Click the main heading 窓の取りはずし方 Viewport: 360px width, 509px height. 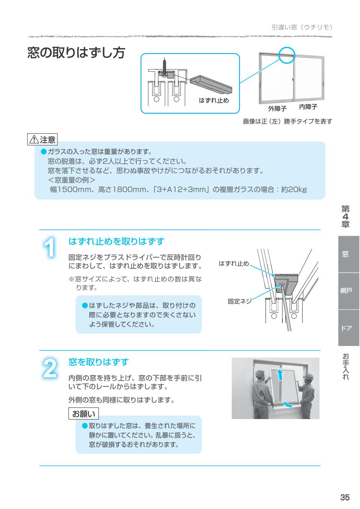(x=76, y=53)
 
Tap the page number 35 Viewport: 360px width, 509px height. (x=345, y=497)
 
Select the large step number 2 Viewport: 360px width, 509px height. (x=49, y=368)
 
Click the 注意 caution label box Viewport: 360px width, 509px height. (x=42, y=140)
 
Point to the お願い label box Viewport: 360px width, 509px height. (x=83, y=414)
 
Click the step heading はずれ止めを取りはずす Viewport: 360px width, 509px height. (x=116, y=241)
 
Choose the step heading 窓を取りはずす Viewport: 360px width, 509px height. (x=99, y=362)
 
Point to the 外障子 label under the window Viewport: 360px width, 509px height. (x=277, y=109)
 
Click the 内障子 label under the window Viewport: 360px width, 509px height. (x=308, y=107)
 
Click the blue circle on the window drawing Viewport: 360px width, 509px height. (x=287, y=55)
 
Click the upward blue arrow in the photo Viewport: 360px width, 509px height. (x=278, y=373)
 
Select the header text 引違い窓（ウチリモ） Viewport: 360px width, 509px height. (x=302, y=27)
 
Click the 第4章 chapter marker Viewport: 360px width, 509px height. (x=345, y=216)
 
